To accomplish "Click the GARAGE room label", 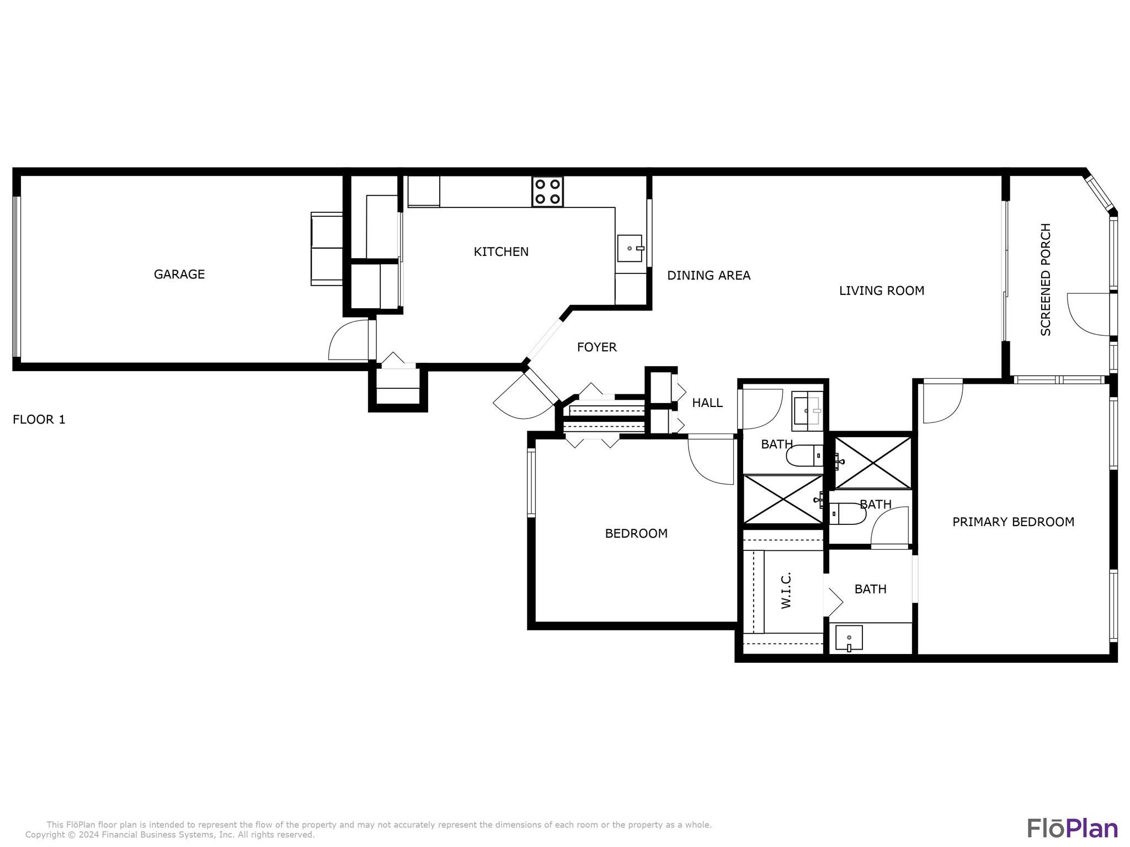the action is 179,274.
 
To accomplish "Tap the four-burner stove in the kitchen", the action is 547,192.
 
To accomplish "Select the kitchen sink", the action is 630,248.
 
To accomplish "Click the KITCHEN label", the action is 501,251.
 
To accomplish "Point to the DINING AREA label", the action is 708,275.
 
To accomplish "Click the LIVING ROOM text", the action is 882,291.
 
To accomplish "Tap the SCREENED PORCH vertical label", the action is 1046,280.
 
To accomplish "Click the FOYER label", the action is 596,347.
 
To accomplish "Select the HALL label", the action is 707,403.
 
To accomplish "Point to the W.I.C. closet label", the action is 786,590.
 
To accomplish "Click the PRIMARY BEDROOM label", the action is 1014,522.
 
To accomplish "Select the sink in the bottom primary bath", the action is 849,638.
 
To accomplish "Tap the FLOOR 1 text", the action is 39,420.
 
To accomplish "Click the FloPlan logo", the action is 1073,828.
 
